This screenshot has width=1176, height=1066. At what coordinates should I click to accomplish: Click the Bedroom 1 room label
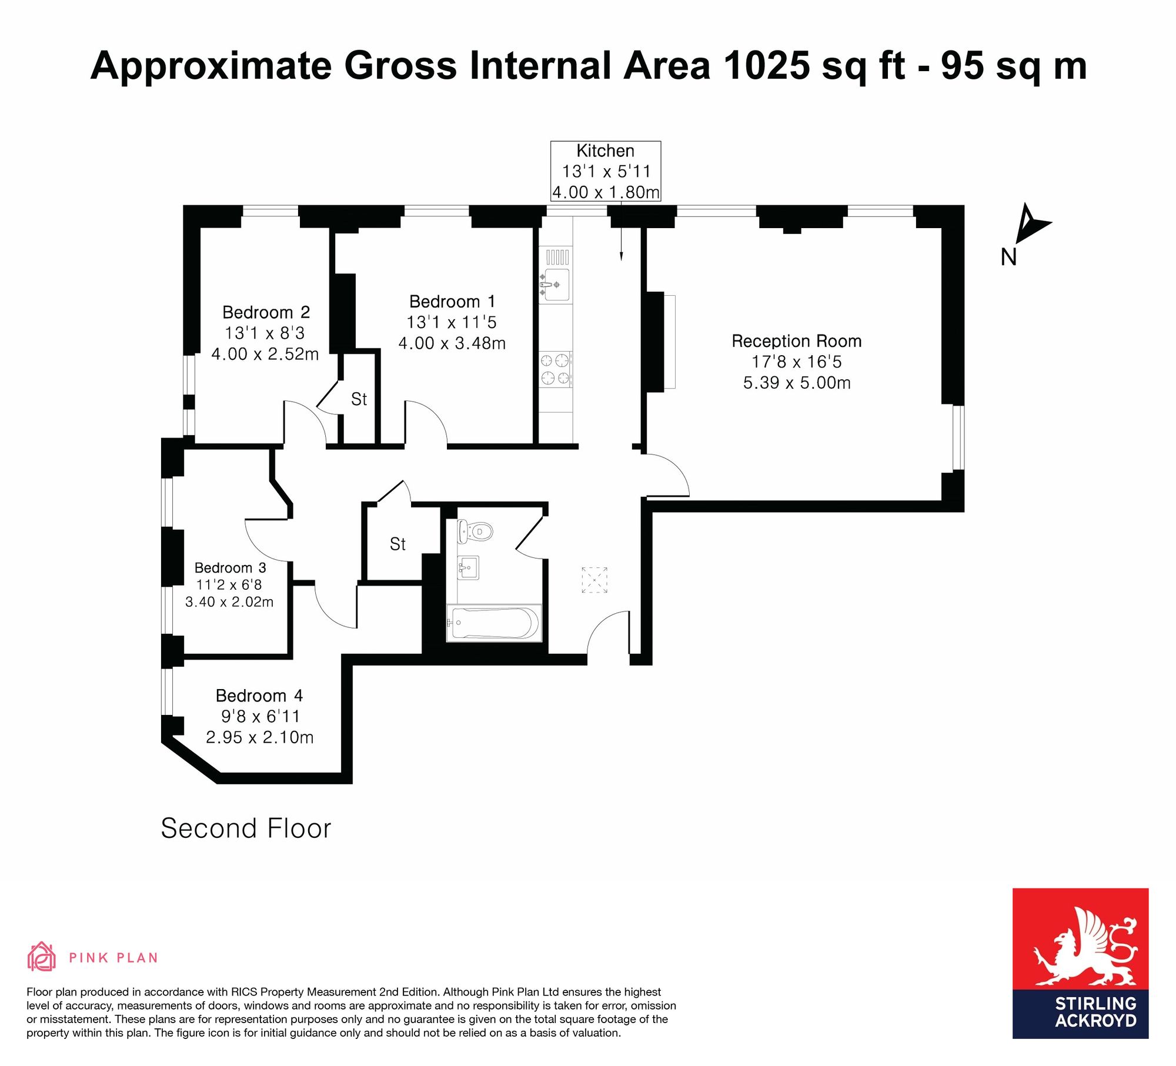(452, 302)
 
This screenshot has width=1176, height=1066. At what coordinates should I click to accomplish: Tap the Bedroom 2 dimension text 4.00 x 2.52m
(265, 354)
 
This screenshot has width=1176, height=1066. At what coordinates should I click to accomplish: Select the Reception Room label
(797, 341)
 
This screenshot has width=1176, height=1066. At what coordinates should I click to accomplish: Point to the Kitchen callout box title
(605, 151)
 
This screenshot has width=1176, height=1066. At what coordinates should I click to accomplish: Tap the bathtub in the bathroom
(494, 623)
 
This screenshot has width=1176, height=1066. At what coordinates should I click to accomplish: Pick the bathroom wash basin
(469, 568)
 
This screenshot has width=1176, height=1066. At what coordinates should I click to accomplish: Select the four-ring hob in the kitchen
(556, 369)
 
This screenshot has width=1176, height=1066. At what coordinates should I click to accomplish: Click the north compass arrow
(1033, 224)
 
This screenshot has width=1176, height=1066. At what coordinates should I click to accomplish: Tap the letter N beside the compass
(1008, 257)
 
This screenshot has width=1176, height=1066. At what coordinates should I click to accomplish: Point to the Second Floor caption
(246, 828)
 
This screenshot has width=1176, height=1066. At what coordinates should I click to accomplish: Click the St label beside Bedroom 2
(359, 399)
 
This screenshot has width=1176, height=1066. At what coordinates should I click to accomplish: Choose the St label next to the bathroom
(397, 544)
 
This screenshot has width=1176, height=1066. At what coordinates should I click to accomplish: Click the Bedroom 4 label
(259, 696)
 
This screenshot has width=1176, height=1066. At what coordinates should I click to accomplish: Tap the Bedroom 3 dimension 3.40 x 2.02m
(229, 602)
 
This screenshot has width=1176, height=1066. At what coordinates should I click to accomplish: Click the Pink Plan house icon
(41, 956)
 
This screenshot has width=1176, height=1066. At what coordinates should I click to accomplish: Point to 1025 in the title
(766, 65)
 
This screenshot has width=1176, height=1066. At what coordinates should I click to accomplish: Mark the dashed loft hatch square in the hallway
(594, 580)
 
